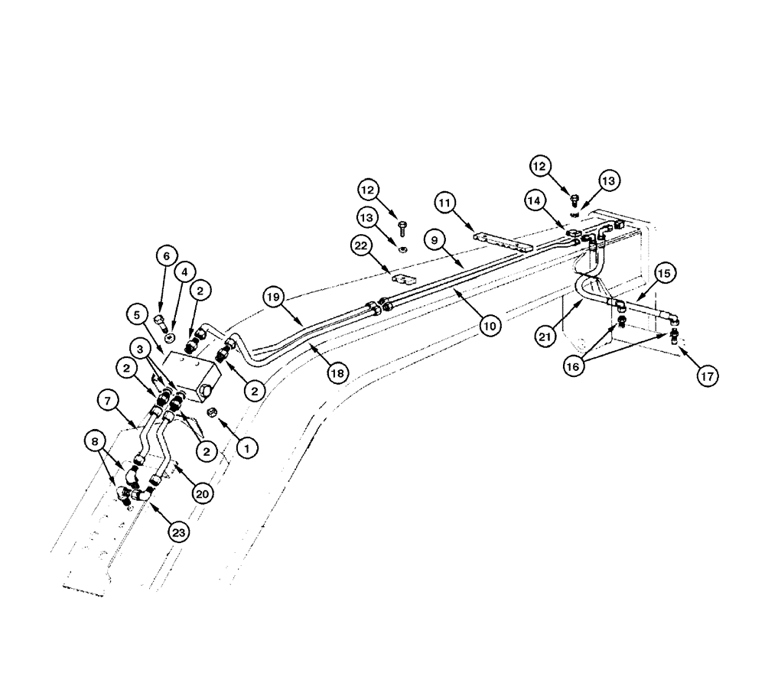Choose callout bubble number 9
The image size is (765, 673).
pyautogui.click(x=434, y=240)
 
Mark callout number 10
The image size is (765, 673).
pyautogui.click(x=490, y=325)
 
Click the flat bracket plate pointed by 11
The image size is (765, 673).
pyautogui.click(x=501, y=242)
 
